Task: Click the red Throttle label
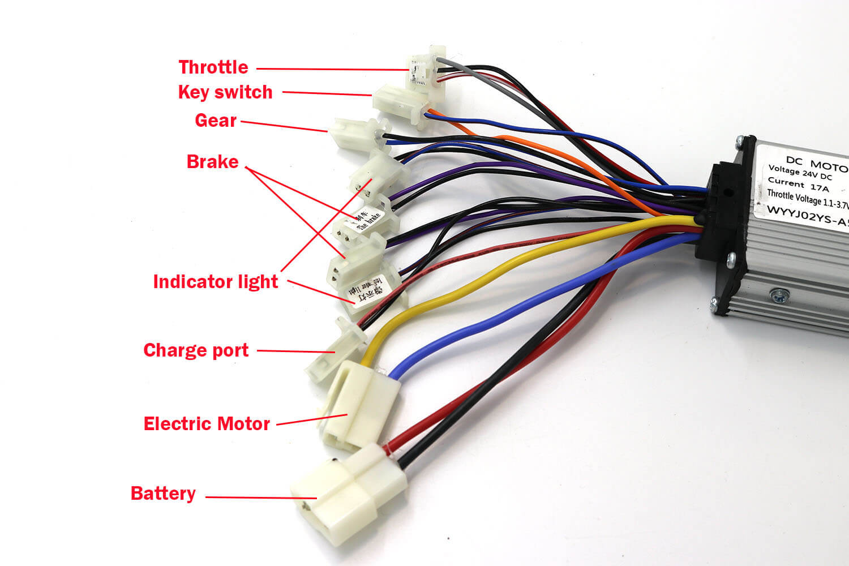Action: pos(213,67)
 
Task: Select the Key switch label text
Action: pos(225,92)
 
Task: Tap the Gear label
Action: pos(216,121)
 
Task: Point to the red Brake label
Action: pos(213,162)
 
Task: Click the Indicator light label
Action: pos(216,282)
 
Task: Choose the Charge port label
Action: pos(196,350)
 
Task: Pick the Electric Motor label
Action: pos(207,424)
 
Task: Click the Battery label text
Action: pos(163,494)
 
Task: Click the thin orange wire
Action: pos(566,161)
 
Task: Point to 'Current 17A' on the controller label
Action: pos(798,185)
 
